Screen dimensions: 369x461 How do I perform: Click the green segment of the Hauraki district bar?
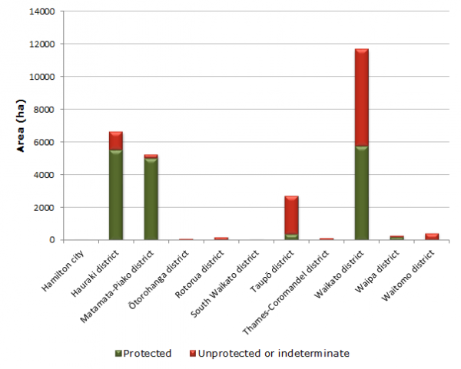pos(115,195)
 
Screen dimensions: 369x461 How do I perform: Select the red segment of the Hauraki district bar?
pos(115,141)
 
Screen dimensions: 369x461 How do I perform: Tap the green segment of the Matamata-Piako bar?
pos(151,199)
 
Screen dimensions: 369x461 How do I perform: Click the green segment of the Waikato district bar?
pos(361,193)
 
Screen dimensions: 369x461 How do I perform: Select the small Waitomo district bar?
pos(431,236)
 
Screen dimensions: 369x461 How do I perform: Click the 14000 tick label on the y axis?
pos(41,12)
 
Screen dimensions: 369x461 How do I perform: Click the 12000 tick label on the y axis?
pos(41,44)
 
